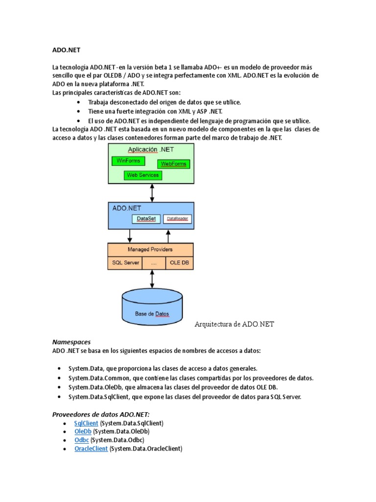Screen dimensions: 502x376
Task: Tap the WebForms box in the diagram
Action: coord(174,164)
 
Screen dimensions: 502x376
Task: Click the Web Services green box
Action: coord(142,175)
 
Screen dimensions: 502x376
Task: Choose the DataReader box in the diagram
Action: coord(177,219)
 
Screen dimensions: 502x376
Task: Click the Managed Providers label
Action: coord(150,250)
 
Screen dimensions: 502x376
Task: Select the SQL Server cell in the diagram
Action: coord(125,263)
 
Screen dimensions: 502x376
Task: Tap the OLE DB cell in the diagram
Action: coord(180,263)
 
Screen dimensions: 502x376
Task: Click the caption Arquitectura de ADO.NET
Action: coord(235,324)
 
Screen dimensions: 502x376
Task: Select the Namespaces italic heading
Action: coord(71,342)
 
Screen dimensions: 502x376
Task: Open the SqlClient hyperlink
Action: coord(86,423)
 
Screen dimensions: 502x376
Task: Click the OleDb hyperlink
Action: coord(83,431)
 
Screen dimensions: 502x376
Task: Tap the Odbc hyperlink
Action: coord(82,440)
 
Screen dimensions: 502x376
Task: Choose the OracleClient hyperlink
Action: coord(91,449)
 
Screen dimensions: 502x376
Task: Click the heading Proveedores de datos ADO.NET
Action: coord(100,414)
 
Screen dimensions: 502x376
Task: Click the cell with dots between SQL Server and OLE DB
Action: coord(154,263)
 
